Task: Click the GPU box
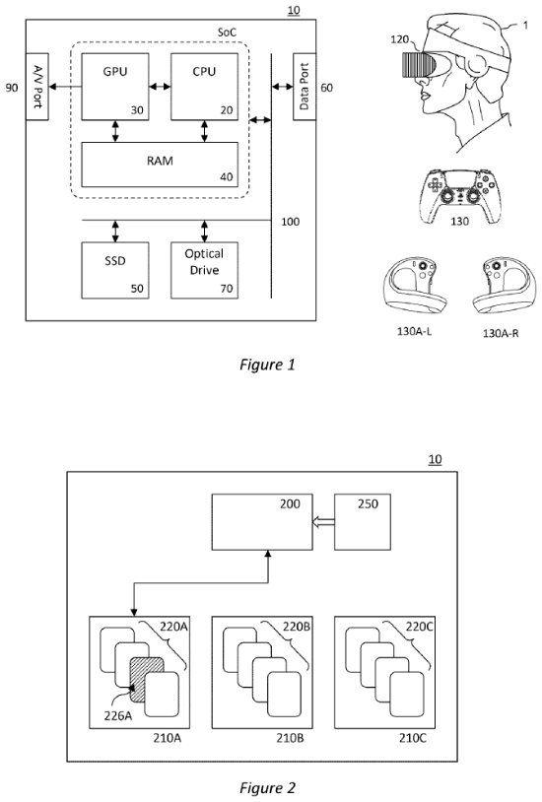point(115,87)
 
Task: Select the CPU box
point(204,87)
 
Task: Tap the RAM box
point(160,165)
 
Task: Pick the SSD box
point(115,270)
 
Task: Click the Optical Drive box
point(204,270)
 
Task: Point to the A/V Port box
point(36,87)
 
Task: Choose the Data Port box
point(305,87)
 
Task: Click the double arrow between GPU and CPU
point(160,87)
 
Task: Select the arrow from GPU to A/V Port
point(65,87)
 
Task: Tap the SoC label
point(227,33)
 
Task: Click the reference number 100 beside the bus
point(290,222)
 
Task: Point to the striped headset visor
point(419,65)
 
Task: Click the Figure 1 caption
point(267,365)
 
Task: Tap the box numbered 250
point(363,522)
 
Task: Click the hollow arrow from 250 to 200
point(323,522)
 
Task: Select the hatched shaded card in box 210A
point(147,680)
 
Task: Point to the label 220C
point(420,627)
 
